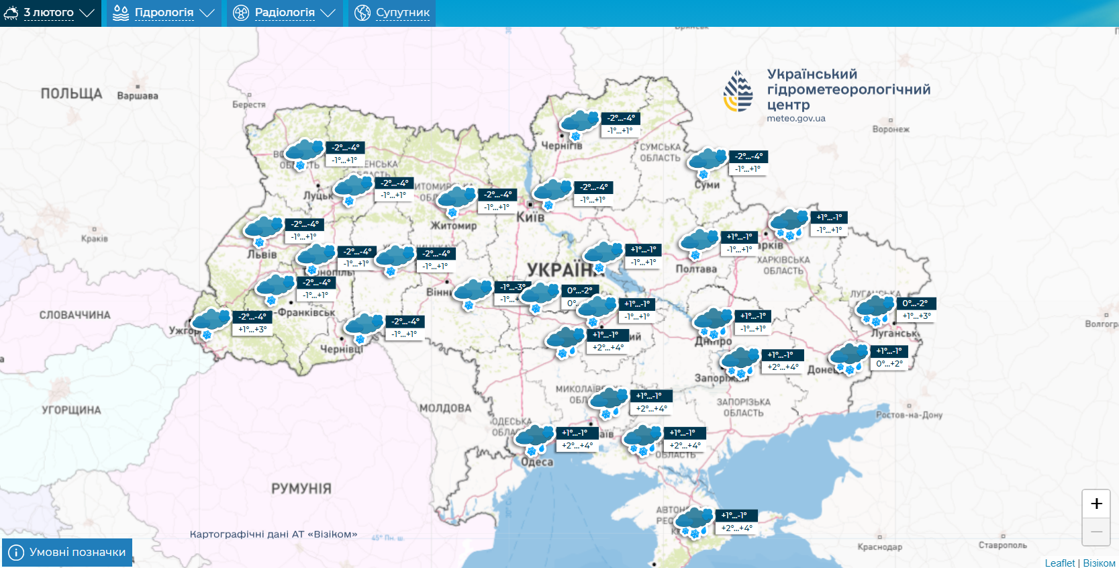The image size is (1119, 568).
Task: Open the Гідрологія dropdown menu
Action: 163,13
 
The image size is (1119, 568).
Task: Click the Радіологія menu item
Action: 284,13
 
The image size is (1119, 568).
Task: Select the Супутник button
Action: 392,13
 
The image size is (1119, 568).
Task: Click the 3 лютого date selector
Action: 49,13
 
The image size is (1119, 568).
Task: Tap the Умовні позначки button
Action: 67,552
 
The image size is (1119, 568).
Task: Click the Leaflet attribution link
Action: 1059,563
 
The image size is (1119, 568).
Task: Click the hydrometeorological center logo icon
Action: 738,91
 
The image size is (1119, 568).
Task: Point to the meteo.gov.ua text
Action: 795,118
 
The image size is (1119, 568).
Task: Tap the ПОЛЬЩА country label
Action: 71,93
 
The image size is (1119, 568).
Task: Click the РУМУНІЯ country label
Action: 301,488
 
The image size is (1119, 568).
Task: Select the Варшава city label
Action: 138,96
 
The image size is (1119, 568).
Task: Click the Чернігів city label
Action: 561,145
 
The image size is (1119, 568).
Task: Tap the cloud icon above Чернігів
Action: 579,123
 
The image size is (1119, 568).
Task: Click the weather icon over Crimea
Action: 693,521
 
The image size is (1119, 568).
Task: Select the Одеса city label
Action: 537,462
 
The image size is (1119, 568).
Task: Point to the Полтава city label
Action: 695,269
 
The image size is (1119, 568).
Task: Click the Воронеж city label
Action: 890,129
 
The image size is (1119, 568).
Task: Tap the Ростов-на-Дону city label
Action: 909,415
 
